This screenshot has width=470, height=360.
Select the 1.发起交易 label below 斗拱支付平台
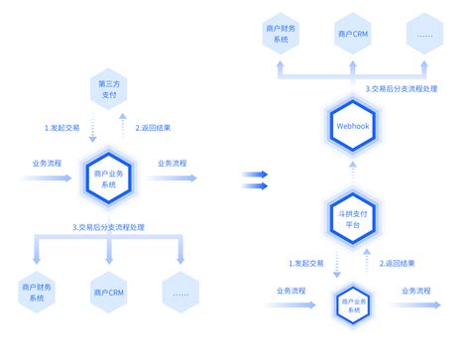click(x=305, y=263)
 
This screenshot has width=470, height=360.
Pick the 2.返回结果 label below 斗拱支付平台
click(x=397, y=263)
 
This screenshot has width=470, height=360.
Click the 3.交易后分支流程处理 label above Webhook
click(x=400, y=88)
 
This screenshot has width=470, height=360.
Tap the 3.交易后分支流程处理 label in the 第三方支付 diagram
click(x=108, y=227)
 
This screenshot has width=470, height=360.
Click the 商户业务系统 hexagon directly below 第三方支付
click(x=108, y=179)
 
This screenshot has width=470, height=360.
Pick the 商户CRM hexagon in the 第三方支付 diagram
click(x=108, y=292)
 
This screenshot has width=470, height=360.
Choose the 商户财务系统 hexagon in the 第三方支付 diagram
click(x=38, y=292)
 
